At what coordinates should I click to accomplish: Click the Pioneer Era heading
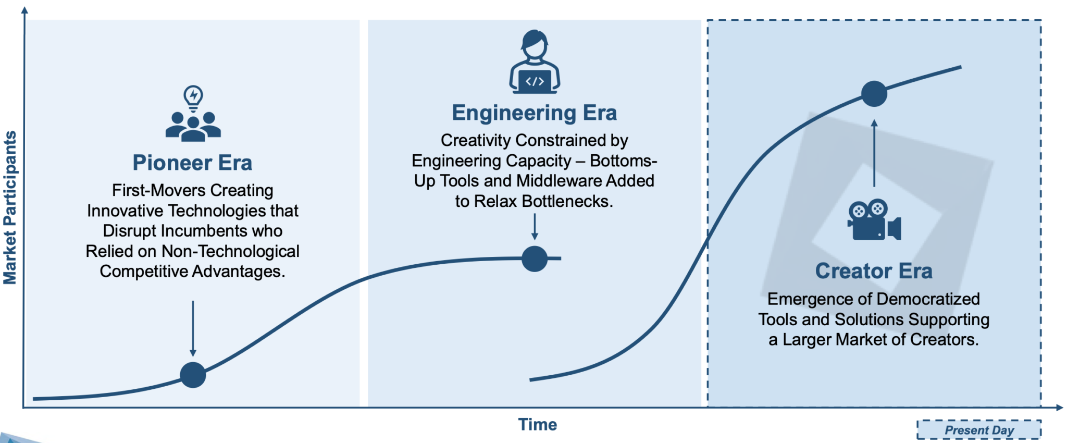click(x=192, y=163)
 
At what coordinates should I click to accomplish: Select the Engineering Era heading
click(x=534, y=113)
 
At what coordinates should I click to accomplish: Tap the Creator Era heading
click(x=874, y=271)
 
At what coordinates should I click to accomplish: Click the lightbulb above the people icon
click(x=193, y=96)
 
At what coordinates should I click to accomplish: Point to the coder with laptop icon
click(x=535, y=63)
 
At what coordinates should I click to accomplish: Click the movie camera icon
click(x=874, y=220)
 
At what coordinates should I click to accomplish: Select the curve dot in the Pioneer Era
click(x=193, y=375)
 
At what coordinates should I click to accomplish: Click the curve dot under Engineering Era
click(x=535, y=259)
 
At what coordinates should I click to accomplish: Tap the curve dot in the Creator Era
click(x=874, y=94)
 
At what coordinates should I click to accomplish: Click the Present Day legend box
click(x=979, y=430)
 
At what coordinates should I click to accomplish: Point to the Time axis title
click(x=537, y=425)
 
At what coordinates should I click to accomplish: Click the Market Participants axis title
click(x=10, y=207)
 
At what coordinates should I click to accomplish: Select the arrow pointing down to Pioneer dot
click(x=193, y=328)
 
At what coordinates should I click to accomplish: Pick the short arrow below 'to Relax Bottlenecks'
click(x=535, y=227)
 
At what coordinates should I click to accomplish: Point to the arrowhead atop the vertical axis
click(x=24, y=10)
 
